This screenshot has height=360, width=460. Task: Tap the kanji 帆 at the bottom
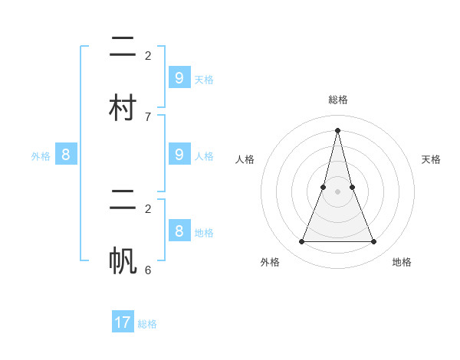click(x=122, y=260)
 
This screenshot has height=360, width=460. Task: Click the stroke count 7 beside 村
click(x=148, y=116)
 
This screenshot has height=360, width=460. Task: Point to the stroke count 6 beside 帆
click(x=148, y=270)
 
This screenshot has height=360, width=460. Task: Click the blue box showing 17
click(x=123, y=322)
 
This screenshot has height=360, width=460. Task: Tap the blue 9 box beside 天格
click(x=179, y=78)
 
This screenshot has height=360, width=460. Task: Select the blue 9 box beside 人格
click(x=179, y=155)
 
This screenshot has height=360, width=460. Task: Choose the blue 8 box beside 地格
click(x=179, y=231)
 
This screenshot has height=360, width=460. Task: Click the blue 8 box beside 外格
click(x=66, y=155)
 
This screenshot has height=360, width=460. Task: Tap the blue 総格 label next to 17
click(x=147, y=324)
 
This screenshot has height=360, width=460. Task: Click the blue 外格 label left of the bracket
click(x=41, y=156)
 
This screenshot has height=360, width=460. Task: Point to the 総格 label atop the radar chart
click(x=337, y=100)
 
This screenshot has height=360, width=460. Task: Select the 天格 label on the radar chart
click(x=431, y=159)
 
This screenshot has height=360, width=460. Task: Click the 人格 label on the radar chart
click(x=245, y=159)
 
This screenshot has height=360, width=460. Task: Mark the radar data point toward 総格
click(x=337, y=129)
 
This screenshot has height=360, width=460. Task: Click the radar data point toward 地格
click(x=374, y=242)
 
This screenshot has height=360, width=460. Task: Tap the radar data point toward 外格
click(x=301, y=242)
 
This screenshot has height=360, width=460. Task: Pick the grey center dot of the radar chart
click(x=337, y=191)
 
